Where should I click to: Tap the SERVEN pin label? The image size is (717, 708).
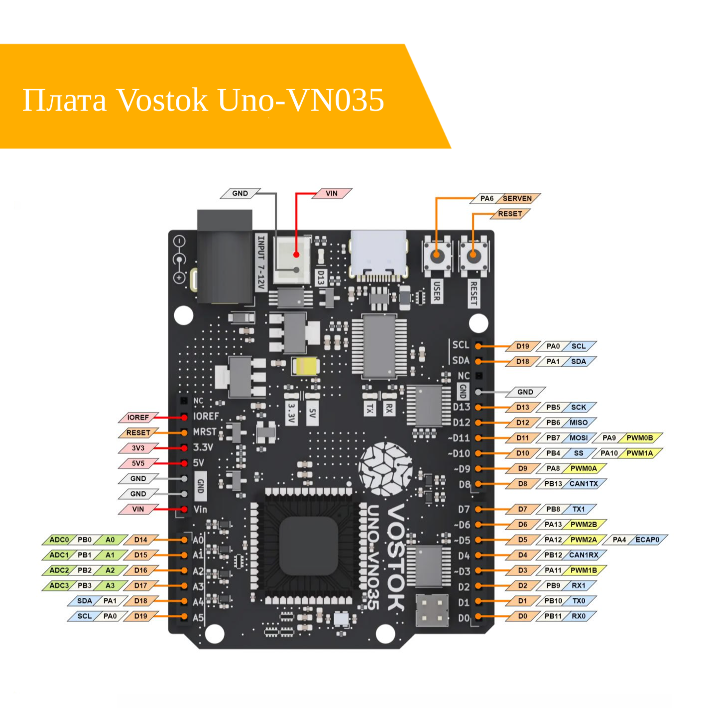point(517,198)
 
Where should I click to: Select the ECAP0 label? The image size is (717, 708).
point(647,540)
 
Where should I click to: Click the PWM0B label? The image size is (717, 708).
point(639,438)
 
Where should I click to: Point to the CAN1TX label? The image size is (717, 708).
point(584,484)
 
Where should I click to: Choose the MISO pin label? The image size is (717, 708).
point(579,423)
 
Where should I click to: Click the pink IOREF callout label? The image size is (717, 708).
point(138,418)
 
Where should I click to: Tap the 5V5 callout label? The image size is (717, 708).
point(138,463)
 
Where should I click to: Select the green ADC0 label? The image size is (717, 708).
point(59,540)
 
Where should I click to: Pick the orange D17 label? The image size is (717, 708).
point(141,585)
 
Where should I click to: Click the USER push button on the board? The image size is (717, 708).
point(437,256)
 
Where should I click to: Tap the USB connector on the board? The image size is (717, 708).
point(378,254)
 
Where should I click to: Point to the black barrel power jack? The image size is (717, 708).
point(225,257)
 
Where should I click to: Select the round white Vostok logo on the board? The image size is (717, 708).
point(386,468)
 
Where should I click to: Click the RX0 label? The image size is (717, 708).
point(579,616)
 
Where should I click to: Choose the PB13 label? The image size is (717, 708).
point(553,484)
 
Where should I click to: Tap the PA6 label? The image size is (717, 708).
point(486,198)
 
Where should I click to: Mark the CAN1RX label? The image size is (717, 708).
point(584,555)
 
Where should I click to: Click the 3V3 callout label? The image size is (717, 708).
point(138,448)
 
